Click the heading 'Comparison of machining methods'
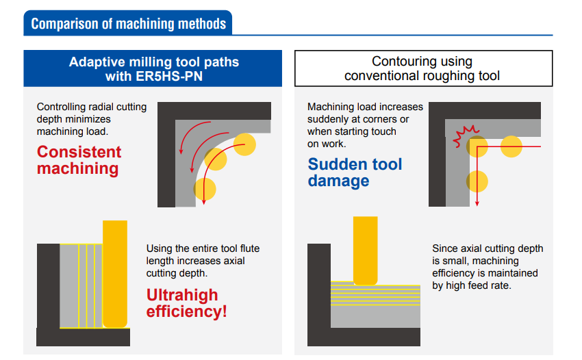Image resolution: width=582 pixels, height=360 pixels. [129, 24]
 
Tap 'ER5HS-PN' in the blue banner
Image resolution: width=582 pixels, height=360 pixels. [169, 76]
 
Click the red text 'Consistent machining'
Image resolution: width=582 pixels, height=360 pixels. [79, 160]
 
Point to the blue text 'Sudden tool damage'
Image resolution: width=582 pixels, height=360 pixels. [355, 172]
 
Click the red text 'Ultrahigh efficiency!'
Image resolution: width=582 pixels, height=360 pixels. [186, 303]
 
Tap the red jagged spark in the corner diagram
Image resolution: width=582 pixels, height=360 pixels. [464, 136]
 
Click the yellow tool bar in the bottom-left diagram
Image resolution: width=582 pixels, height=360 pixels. [115, 274]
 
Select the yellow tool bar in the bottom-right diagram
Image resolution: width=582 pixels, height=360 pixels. [365, 251]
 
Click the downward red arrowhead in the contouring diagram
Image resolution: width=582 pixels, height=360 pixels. [477, 203]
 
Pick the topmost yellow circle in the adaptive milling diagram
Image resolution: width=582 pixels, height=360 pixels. [244, 144]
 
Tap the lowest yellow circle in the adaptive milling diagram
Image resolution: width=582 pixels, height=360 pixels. [205, 189]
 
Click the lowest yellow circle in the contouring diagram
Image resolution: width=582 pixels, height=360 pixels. [477, 181]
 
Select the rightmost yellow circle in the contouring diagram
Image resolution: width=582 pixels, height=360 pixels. [511, 146]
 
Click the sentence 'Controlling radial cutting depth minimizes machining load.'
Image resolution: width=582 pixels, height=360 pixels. [92, 119]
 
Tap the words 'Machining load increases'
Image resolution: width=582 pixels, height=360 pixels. [365, 107]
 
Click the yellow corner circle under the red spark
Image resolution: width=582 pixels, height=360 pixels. [477, 146]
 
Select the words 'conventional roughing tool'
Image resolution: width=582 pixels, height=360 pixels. [422, 76]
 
